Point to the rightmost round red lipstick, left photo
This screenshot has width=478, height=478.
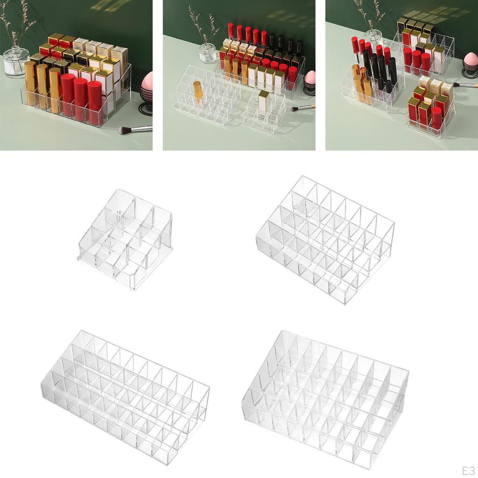click(95, 102)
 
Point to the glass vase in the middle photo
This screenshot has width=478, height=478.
click(207, 53)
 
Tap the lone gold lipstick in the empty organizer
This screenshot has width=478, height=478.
click(198, 91)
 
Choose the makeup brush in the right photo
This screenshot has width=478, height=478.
click(465, 85)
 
